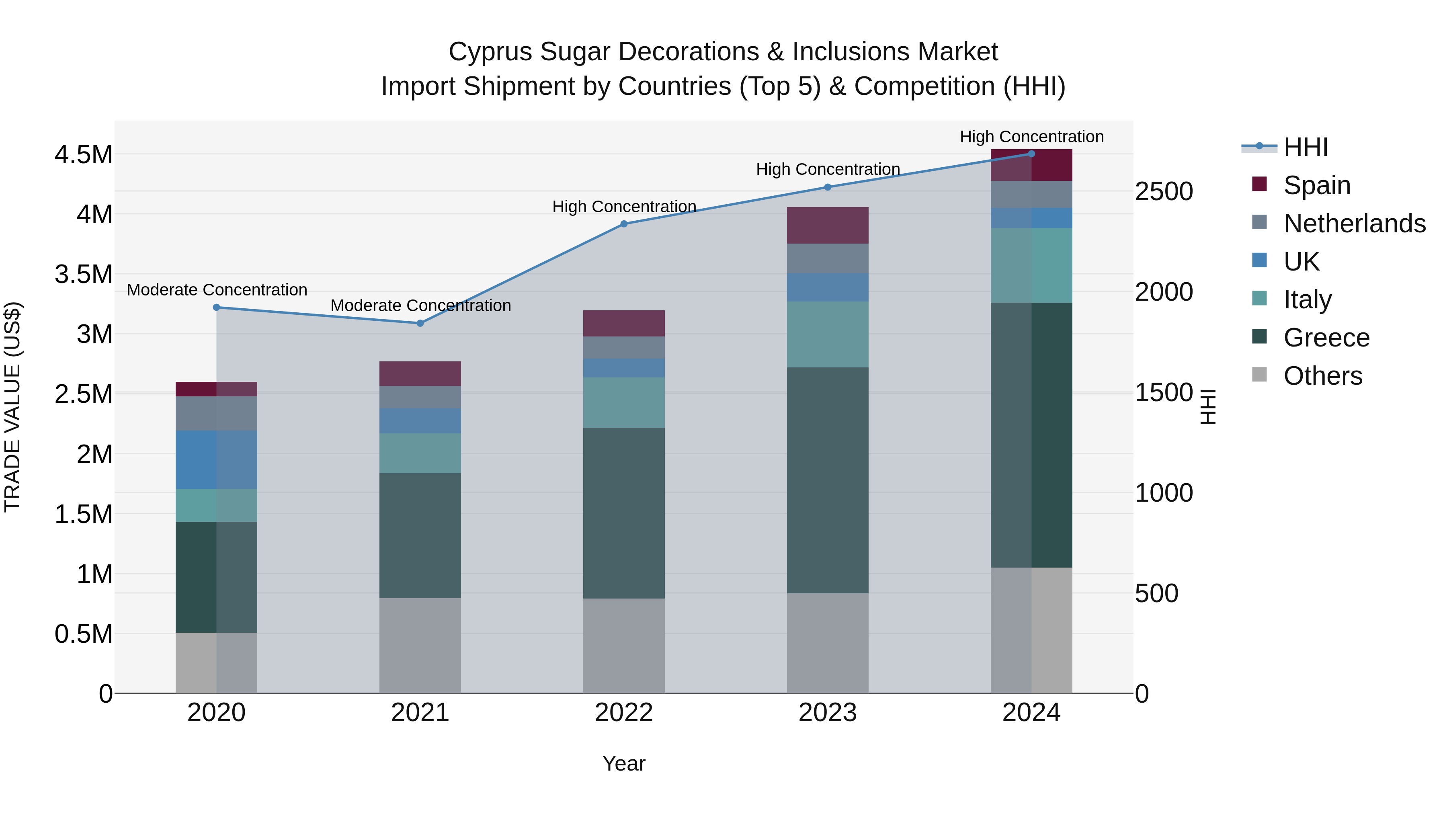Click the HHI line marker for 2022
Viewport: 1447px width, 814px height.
(x=623, y=223)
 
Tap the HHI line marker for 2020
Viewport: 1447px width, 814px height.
(x=216, y=307)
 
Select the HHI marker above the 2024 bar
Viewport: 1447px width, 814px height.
(x=1031, y=154)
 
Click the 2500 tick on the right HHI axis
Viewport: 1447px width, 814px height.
(x=1164, y=192)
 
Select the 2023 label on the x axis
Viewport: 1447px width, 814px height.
(x=828, y=713)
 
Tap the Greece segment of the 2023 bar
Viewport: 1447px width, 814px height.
(x=828, y=480)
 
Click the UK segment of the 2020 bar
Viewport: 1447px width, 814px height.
(x=216, y=459)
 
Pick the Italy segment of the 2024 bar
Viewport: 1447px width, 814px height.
(x=1031, y=265)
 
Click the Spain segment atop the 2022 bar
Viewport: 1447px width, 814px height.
(x=623, y=323)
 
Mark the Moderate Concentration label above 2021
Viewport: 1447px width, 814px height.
(x=420, y=306)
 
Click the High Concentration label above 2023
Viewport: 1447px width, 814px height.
(x=828, y=169)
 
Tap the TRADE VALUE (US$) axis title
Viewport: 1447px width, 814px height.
(x=12, y=407)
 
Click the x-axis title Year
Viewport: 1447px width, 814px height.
(x=623, y=763)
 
